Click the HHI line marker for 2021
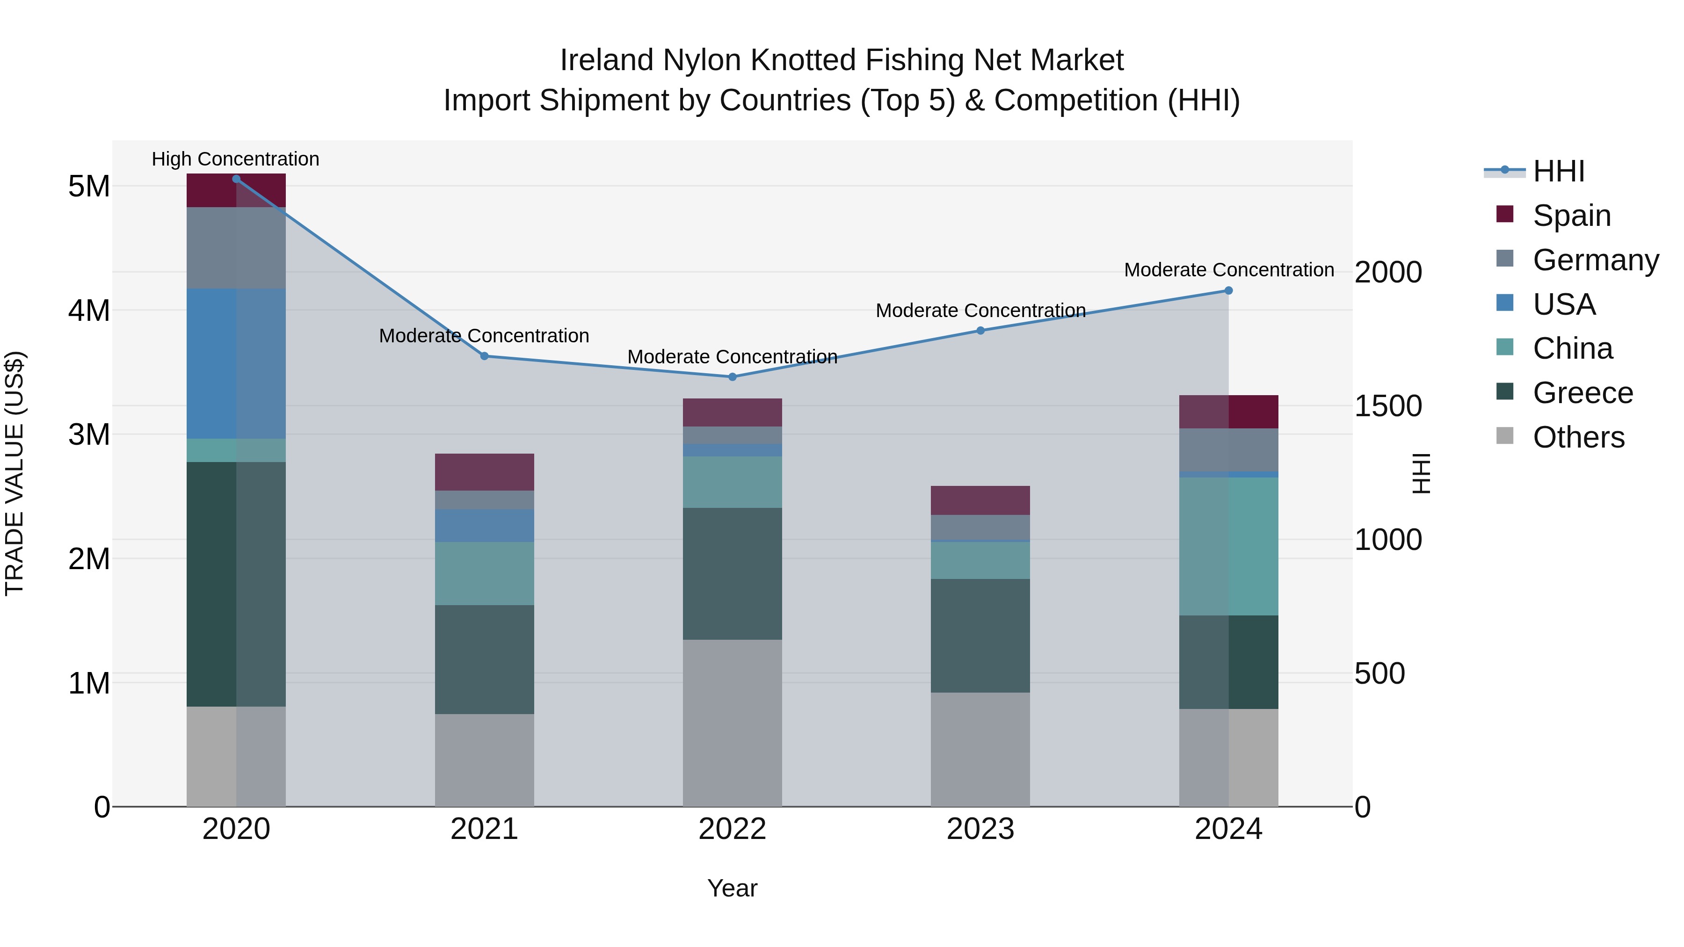tap(485, 356)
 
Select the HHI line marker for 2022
tap(732, 377)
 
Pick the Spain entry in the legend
tap(1572, 216)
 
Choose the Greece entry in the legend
tap(1582, 393)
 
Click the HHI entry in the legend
tap(1559, 171)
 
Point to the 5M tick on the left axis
tap(89, 186)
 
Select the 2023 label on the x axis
tap(980, 829)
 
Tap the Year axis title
tap(732, 888)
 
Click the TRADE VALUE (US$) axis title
tap(15, 473)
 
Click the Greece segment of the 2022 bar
tap(732, 573)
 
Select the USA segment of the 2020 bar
tap(236, 363)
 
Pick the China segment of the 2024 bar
tap(1228, 546)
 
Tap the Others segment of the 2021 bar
tap(485, 759)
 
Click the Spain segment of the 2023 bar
tap(980, 500)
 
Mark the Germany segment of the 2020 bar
tap(236, 248)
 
